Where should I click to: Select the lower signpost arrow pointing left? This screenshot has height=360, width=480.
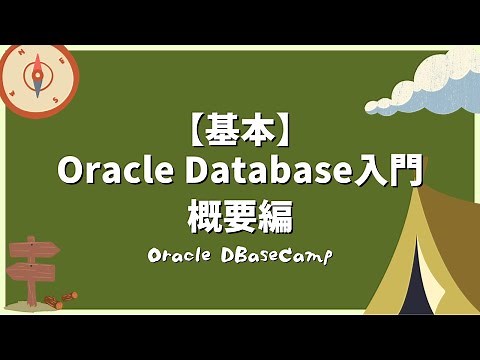tap(30, 270)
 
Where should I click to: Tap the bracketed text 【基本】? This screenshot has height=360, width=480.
tap(240, 128)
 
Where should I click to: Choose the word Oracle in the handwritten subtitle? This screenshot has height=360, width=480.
tap(183, 256)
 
